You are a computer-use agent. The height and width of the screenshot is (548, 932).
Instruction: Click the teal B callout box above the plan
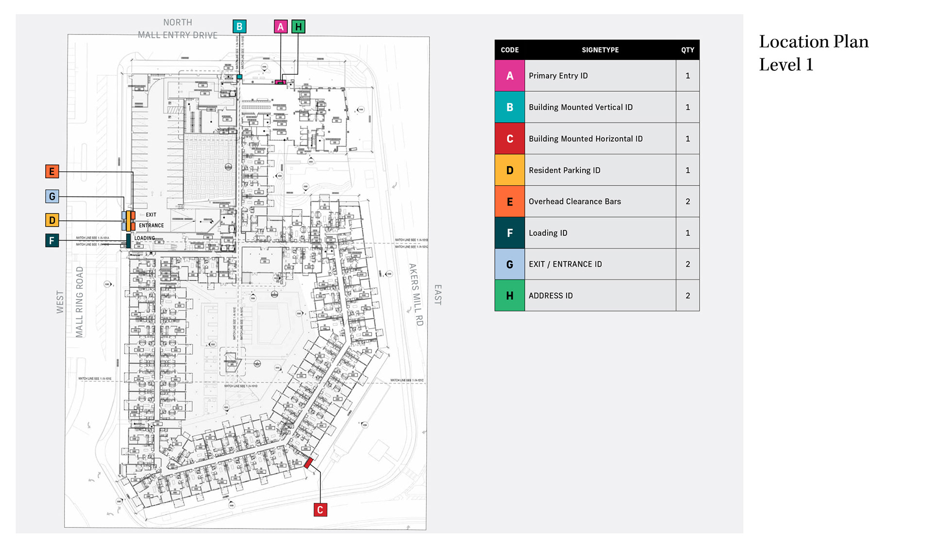[x=239, y=27]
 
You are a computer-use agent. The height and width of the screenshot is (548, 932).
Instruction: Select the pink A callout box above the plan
[x=281, y=27]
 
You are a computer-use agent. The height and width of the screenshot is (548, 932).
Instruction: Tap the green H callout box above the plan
[x=299, y=27]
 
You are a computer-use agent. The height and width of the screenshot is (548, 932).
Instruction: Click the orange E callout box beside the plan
[x=52, y=171]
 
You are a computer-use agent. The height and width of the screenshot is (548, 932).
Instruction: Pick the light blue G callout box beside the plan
[x=52, y=197]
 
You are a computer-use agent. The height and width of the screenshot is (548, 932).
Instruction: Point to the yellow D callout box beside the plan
[x=52, y=220]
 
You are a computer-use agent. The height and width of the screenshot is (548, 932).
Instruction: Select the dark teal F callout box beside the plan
[x=52, y=241]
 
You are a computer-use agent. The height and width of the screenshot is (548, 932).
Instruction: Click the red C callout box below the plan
[x=320, y=510]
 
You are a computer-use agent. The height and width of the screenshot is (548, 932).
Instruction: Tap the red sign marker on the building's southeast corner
[x=308, y=463]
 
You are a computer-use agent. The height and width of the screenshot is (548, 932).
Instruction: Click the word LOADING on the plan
[x=145, y=238]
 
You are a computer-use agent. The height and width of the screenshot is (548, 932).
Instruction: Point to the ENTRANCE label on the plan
[x=151, y=226]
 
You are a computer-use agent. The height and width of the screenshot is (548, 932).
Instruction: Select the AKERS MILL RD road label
[x=416, y=294]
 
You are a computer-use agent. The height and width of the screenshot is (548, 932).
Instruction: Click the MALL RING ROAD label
[x=80, y=302]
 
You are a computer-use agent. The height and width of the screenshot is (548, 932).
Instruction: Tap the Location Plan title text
[x=814, y=53]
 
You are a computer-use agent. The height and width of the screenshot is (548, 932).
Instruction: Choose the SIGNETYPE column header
[x=600, y=50]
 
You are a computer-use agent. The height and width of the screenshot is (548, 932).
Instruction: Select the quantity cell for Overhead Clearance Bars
[x=687, y=201]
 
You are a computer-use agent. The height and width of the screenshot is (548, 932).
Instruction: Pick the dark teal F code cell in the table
[x=510, y=233]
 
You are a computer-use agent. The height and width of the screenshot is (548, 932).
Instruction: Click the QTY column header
[x=687, y=50]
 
